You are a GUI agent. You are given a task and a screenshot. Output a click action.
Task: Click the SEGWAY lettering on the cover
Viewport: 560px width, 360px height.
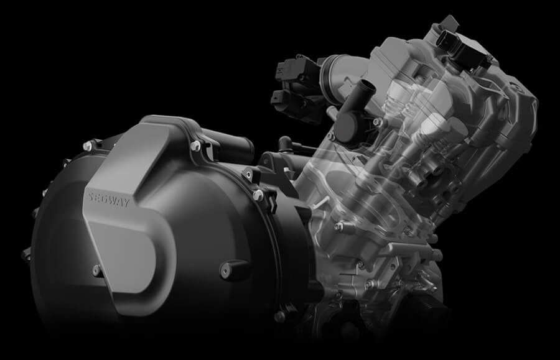point(109,201)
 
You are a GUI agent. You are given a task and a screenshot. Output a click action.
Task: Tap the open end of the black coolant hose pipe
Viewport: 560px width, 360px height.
point(368,86)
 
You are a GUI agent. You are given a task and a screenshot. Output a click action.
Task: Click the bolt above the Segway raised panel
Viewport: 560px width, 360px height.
point(195,145)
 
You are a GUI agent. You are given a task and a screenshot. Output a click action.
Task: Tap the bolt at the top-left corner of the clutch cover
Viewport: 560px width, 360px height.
point(88,145)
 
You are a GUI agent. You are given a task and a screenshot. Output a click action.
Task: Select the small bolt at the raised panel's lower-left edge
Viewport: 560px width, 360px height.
point(96,270)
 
